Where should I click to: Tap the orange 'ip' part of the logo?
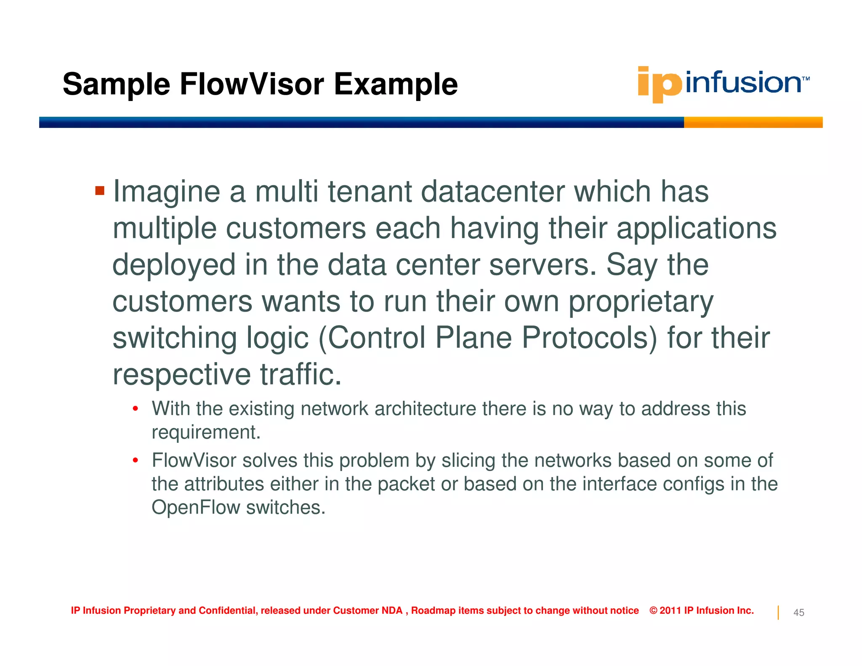coord(659,84)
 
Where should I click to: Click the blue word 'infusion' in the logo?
coord(743,83)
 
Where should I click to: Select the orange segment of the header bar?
coord(753,123)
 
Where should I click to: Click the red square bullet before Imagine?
coord(100,191)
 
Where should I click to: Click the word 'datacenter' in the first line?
coord(492,192)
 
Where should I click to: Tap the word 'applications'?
coord(696,228)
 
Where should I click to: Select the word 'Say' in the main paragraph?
coord(631,265)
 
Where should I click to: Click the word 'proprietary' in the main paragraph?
coord(641,302)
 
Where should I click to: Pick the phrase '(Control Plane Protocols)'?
coord(487,338)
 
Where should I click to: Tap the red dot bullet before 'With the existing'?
coord(135,409)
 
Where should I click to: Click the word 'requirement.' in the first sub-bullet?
coord(206,432)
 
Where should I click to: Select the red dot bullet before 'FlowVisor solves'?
coord(135,461)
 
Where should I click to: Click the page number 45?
coord(798,613)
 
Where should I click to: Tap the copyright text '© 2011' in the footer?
coord(665,610)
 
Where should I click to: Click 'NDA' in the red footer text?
coord(392,610)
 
